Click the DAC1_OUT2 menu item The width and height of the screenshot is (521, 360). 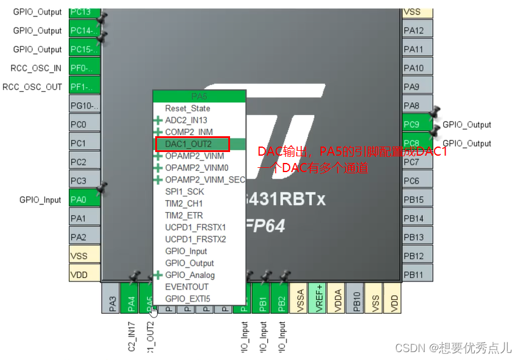(x=189, y=144)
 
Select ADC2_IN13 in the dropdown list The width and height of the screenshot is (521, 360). (x=186, y=120)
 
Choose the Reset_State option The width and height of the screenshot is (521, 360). (x=187, y=108)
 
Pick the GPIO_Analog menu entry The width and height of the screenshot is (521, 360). (x=189, y=275)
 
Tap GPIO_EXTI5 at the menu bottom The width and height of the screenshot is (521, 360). (x=187, y=299)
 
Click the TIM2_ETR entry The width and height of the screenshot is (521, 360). (x=184, y=215)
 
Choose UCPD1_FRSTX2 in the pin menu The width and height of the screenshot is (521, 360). (x=195, y=239)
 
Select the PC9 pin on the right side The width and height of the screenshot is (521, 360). (x=417, y=125)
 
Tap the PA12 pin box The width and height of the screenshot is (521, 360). (x=417, y=30)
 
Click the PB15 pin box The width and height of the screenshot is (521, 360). (x=417, y=199)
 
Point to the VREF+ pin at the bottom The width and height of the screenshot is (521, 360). (x=317, y=298)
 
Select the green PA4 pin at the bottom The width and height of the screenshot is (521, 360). (x=130, y=298)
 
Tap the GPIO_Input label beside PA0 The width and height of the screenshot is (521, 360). (x=40, y=199)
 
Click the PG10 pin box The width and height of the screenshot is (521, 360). (x=85, y=106)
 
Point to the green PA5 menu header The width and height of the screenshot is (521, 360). (x=199, y=96)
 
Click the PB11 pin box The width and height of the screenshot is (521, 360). (x=417, y=275)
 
